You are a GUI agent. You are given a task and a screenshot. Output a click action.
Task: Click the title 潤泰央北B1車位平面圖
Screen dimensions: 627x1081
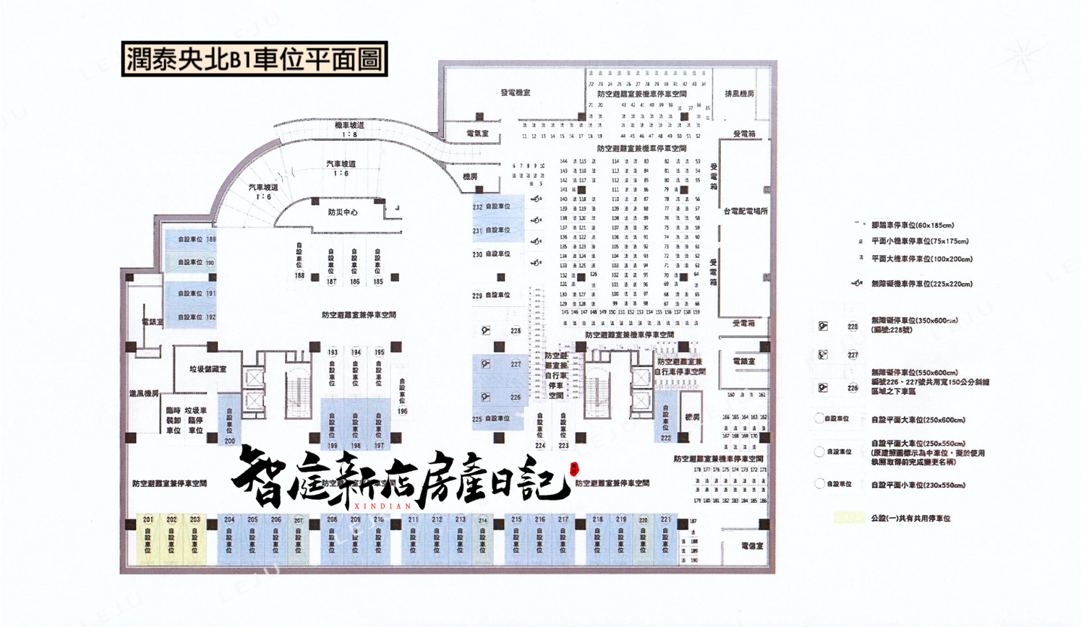click(x=255, y=59)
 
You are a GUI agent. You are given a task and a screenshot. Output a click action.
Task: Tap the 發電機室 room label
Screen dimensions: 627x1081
click(x=515, y=92)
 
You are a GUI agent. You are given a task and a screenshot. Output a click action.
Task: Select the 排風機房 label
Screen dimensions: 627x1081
click(x=739, y=94)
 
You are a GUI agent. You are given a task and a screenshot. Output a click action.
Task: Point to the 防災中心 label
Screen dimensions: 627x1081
click(x=342, y=212)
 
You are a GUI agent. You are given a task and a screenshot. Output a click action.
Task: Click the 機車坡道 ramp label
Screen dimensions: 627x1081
click(x=349, y=126)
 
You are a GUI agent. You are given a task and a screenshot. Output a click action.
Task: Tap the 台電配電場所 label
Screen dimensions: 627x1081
click(x=745, y=212)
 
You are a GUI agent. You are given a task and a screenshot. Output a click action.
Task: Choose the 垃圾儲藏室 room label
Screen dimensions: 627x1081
click(x=208, y=369)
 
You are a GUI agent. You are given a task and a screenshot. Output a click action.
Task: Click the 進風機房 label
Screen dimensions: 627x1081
click(x=144, y=394)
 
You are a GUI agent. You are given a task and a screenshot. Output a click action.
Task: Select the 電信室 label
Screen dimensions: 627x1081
click(x=752, y=546)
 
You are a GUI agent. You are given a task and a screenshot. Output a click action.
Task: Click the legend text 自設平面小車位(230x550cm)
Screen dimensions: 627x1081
click(x=918, y=485)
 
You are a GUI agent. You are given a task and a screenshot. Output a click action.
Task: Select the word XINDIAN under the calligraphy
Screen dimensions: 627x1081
click(x=383, y=506)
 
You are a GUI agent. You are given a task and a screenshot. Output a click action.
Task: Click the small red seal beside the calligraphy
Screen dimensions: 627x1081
click(x=574, y=470)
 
